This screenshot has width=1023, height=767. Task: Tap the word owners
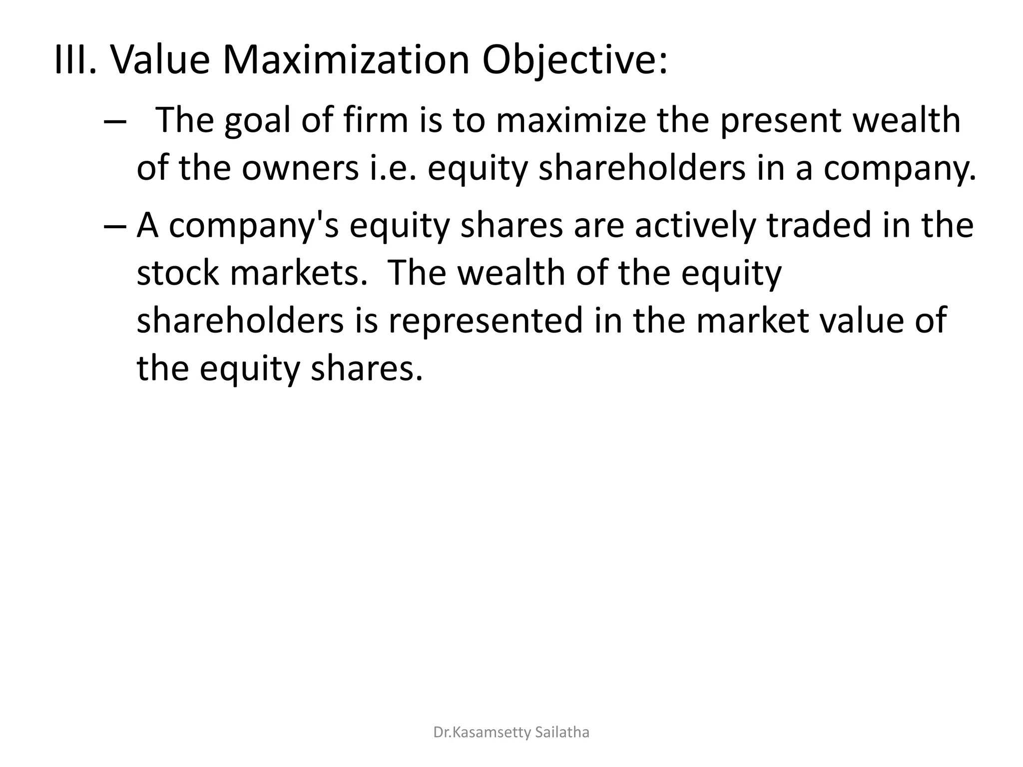click(x=300, y=168)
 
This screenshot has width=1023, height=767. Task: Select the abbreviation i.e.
click(x=392, y=168)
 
